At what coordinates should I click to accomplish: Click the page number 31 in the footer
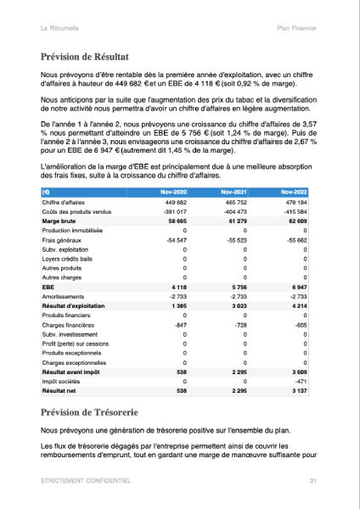tap(313, 481)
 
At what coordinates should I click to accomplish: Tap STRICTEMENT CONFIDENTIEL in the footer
tap(86, 481)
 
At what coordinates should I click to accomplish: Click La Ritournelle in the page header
tap(62, 29)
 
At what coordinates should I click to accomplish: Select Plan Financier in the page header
tap(297, 29)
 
